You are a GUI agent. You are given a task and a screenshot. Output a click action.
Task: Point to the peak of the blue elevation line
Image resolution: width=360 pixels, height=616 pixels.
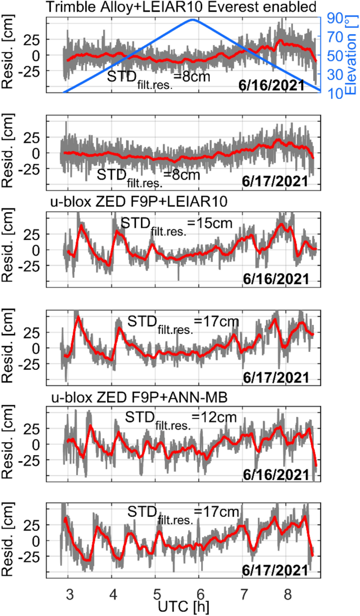193,20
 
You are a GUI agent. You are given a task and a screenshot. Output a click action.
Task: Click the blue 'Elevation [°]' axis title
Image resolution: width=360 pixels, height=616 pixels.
350,56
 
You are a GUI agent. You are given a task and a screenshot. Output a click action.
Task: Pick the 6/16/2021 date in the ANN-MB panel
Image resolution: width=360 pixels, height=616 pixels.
276,474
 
